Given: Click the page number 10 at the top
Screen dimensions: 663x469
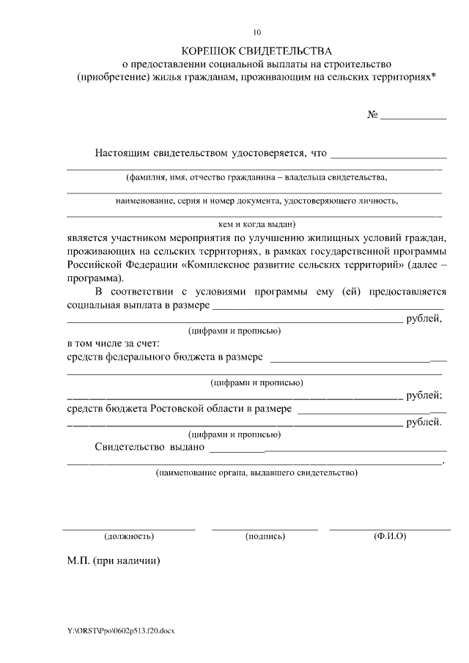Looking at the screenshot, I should pos(256,32).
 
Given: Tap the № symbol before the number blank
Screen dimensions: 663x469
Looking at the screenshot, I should pos(372,115).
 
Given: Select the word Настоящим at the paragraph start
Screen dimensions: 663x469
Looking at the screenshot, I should pos(122,153).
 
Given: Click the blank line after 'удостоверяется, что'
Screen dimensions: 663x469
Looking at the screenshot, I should pos(388,156).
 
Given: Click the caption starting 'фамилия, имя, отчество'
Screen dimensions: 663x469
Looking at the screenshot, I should pos(256,177).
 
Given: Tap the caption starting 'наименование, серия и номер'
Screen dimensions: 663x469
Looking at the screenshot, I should pos(256,200).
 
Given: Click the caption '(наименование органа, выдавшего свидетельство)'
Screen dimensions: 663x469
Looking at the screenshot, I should pos(256,473).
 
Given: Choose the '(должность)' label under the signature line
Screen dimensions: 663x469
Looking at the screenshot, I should pos(129,536).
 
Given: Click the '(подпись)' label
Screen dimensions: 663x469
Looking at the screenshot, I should pos(265,536).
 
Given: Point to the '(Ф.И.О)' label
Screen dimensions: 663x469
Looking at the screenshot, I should pos(390,536).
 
